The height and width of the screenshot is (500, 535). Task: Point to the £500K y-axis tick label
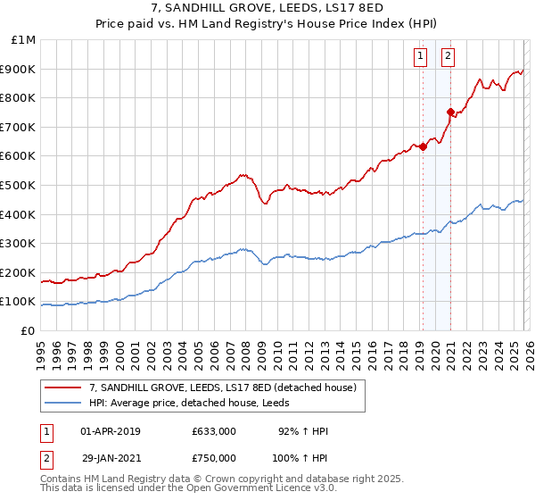[x=20, y=186]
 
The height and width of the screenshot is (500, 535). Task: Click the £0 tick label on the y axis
[x=29, y=330]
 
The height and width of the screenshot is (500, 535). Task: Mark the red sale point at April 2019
[x=423, y=147]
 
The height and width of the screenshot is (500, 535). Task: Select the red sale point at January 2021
[x=451, y=112]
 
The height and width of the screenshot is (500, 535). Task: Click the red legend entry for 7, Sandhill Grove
[x=223, y=387]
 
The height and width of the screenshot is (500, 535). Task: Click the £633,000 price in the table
[x=213, y=431]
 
